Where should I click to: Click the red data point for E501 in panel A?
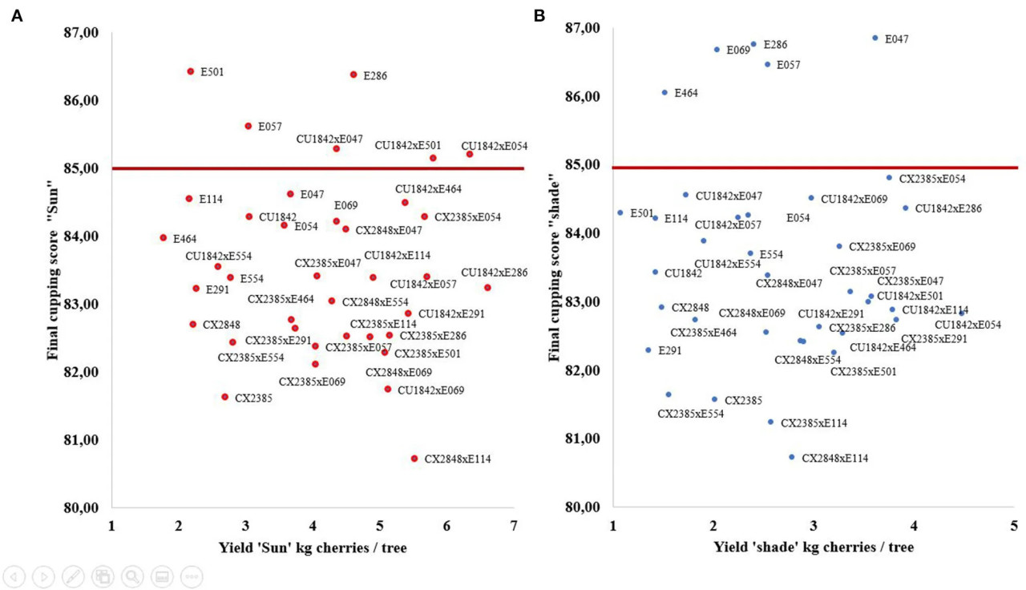191,71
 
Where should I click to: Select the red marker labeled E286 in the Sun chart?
353,75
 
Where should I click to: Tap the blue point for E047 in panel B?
875,38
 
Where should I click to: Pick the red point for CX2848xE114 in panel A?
414,459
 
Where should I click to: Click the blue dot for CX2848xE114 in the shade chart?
791,457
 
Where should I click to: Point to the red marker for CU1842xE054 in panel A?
470,155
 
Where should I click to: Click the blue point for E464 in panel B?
664,92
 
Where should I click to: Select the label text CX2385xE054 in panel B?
932,179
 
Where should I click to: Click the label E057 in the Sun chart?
270,127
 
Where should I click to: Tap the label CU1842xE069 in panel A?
430,390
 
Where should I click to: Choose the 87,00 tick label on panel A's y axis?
81,33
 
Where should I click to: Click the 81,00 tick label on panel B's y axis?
583,438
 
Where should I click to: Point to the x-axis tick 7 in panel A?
514,526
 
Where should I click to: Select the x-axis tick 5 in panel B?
1015,525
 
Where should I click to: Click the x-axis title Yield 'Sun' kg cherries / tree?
313,548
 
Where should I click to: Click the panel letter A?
17,16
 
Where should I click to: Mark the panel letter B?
539,16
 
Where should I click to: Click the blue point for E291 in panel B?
648,350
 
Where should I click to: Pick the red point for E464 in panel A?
164,238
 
